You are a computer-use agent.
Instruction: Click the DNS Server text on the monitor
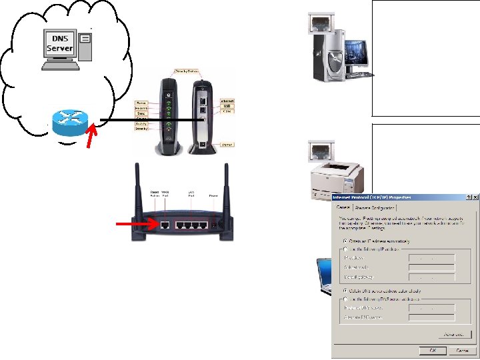[x=60, y=44]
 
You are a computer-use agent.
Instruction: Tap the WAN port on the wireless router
[x=165, y=225]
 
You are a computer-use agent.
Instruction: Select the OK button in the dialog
[x=433, y=350]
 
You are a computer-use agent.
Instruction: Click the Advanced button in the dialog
[x=455, y=334]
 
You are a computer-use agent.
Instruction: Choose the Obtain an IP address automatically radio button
[x=344, y=241]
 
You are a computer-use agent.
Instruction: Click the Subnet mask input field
[x=431, y=267]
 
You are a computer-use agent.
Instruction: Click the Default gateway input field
[x=431, y=277]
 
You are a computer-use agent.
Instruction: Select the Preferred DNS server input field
[x=431, y=308]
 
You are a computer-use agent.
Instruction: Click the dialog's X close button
[x=475, y=197]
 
